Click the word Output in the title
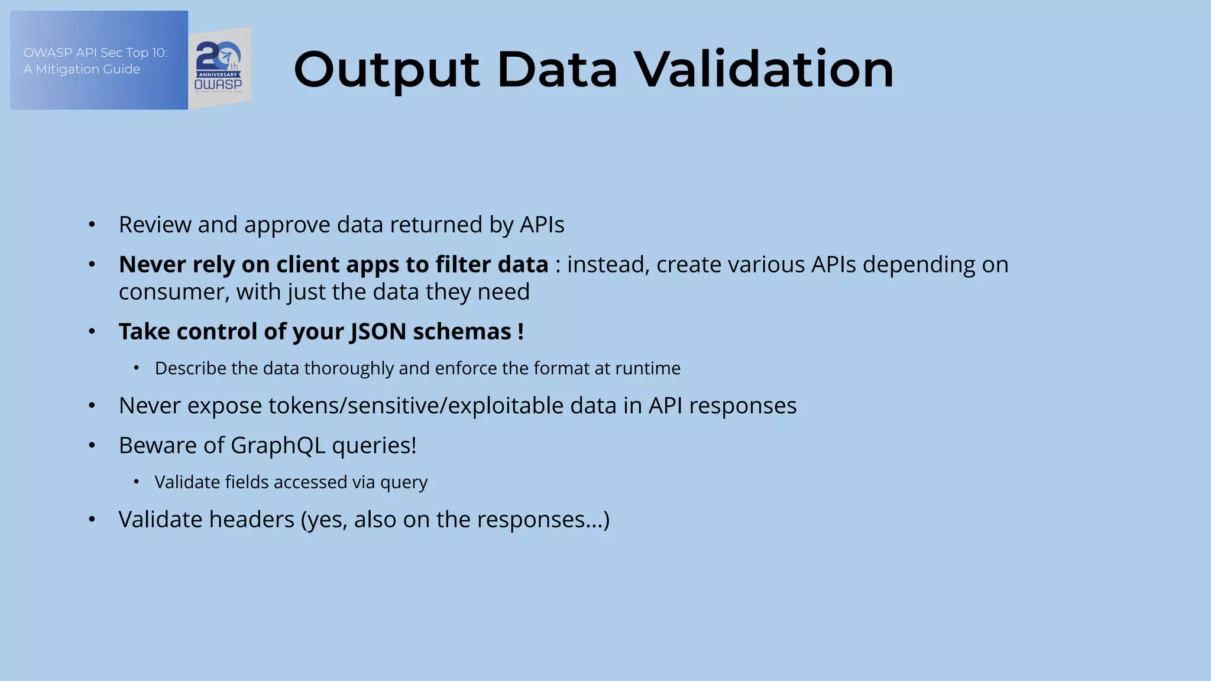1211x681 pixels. pyautogui.click(x=386, y=70)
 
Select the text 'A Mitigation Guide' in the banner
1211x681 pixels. pyautogui.click(x=82, y=69)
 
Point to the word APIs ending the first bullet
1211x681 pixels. pyautogui.click(x=542, y=225)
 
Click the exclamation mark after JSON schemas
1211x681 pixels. pyautogui.click(x=520, y=332)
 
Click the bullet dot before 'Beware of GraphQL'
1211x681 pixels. pyautogui.click(x=92, y=446)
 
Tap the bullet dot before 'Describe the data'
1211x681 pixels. pyautogui.click(x=136, y=368)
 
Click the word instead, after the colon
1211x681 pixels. pyautogui.click(x=608, y=264)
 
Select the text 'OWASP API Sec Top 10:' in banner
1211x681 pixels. pyautogui.click(x=95, y=53)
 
